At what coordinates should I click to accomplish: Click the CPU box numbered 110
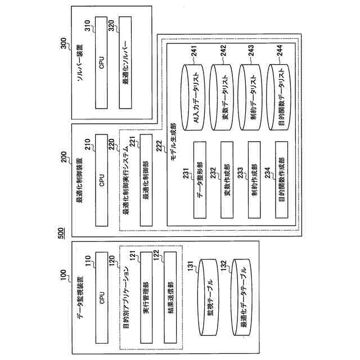[x=102, y=297]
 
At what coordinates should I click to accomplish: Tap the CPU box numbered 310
[x=102, y=63]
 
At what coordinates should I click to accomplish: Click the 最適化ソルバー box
[x=130, y=63]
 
